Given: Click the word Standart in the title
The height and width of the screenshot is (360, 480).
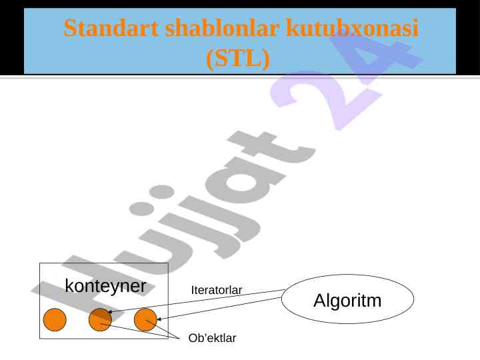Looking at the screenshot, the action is (x=111, y=28).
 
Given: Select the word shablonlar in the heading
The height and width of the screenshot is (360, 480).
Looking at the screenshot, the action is (x=222, y=28).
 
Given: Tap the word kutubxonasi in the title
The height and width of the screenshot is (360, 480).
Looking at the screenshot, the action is (x=353, y=28).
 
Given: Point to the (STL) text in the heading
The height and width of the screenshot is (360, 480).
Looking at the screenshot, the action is (x=238, y=58).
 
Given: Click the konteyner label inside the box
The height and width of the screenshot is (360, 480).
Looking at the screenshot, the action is (x=105, y=286).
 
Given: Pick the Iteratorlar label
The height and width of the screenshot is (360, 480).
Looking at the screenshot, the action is (x=217, y=290).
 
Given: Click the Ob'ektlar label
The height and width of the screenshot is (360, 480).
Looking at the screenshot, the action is (x=212, y=338).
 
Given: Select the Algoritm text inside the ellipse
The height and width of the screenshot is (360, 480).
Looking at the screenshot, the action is (x=347, y=300).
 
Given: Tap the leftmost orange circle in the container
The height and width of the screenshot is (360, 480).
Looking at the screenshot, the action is (x=55, y=319).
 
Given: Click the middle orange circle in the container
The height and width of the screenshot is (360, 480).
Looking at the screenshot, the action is (x=100, y=319).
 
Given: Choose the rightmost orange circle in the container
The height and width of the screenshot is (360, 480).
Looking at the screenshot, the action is (x=146, y=319).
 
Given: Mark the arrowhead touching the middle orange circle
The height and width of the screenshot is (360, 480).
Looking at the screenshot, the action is (x=109, y=312).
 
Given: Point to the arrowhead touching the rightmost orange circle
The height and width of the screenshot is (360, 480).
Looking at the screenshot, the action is (x=159, y=319).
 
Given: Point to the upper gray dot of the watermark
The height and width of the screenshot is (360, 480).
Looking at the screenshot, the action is (x=161, y=191).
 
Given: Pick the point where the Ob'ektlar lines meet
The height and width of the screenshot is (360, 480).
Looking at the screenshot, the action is (x=179, y=338).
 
